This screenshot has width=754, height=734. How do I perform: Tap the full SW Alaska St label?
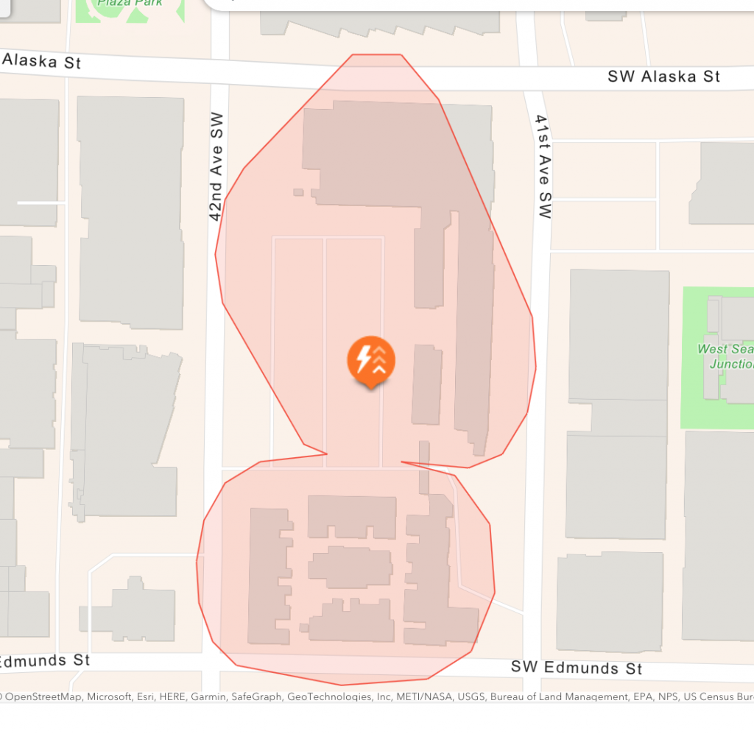663,77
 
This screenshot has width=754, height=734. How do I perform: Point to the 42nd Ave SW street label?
215,166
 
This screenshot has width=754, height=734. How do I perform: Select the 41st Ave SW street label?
543,166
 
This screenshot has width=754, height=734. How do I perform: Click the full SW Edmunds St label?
577,668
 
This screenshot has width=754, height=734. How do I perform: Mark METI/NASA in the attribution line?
406,696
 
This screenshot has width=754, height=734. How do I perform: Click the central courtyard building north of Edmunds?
350,567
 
